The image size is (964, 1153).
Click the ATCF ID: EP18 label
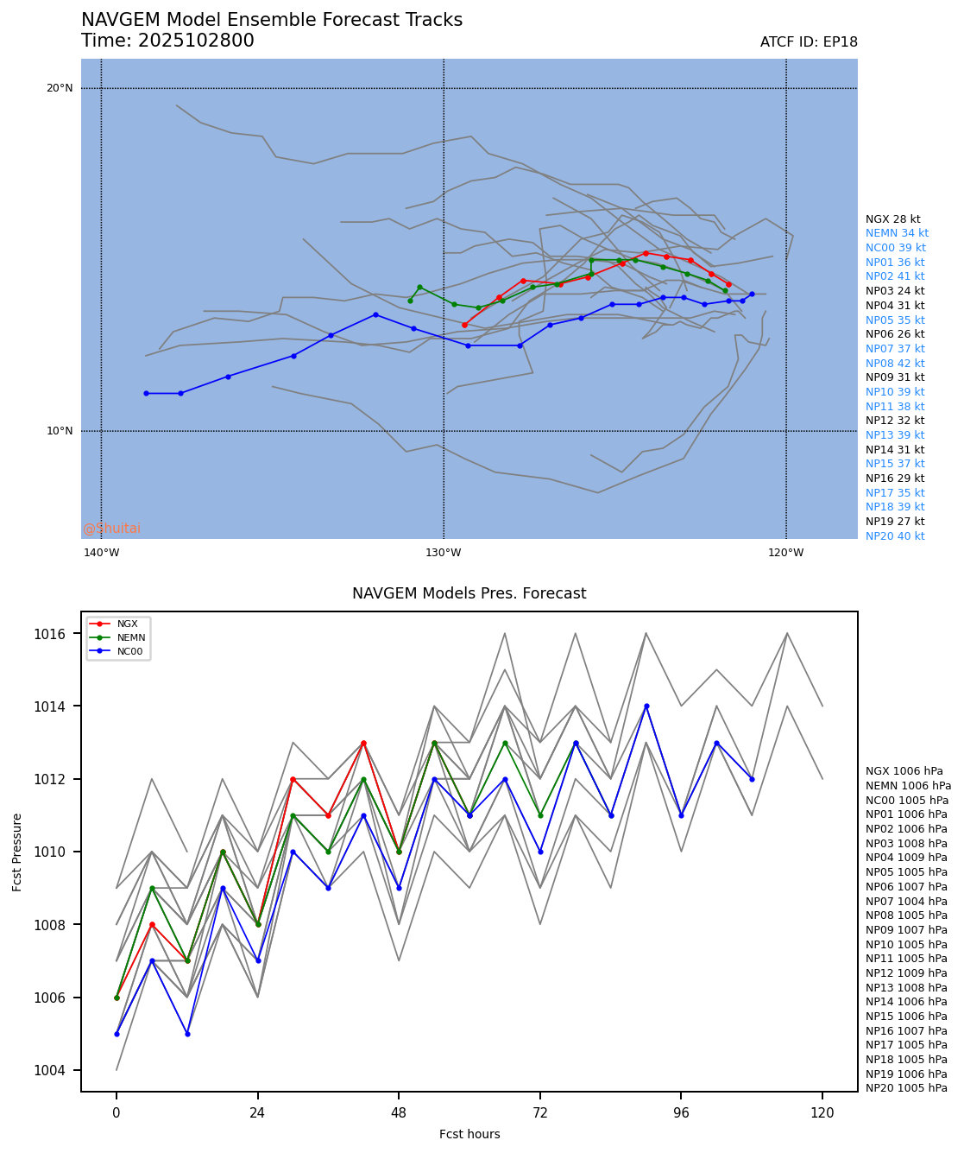click(x=809, y=42)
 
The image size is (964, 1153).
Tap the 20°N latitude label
click(x=60, y=88)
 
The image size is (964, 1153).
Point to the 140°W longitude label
click(x=102, y=553)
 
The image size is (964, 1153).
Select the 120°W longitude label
click(x=785, y=553)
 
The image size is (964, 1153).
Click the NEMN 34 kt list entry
click(x=897, y=233)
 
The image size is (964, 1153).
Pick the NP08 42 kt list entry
click(x=895, y=364)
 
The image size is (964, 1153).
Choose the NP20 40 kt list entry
click(x=895, y=536)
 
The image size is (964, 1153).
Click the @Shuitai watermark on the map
click(x=112, y=529)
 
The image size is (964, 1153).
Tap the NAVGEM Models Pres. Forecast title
click(x=469, y=594)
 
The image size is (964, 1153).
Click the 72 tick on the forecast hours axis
click(x=540, y=1113)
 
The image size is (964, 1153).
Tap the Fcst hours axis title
click(x=469, y=1134)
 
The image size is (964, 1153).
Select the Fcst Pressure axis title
click(x=17, y=852)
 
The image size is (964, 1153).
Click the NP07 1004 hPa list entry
click(x=906, y=901)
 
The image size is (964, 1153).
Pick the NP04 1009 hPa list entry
click(x=906, y=858)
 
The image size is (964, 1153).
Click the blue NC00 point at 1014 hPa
click(x=646, y=706)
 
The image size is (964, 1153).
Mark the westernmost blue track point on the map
click(x=146, y=394)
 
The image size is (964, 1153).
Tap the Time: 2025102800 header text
click(x=167, y=41)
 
